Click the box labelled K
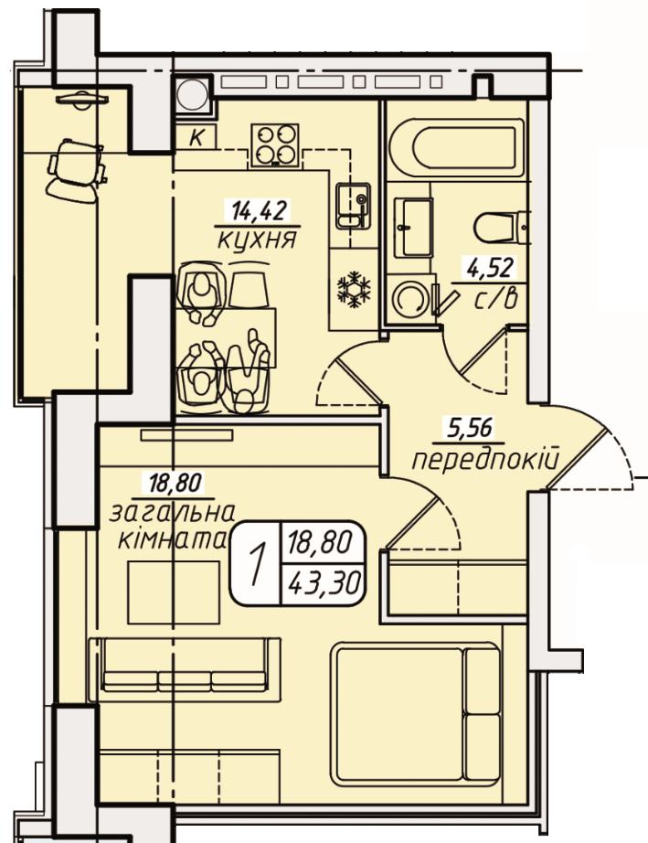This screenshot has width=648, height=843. click(197, 138)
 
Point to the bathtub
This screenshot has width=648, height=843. click(456, 148)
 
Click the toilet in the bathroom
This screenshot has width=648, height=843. click(501, 228)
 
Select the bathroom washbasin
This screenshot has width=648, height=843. click(412, 227)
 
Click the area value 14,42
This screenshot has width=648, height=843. click(258, 210)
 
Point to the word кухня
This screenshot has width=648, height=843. click(258, 240)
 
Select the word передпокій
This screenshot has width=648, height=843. click(485, 460)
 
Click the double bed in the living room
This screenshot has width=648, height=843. click(416, 712)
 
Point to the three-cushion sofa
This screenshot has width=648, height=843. click(186, 669)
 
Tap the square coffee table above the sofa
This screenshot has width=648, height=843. click(174, 592)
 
